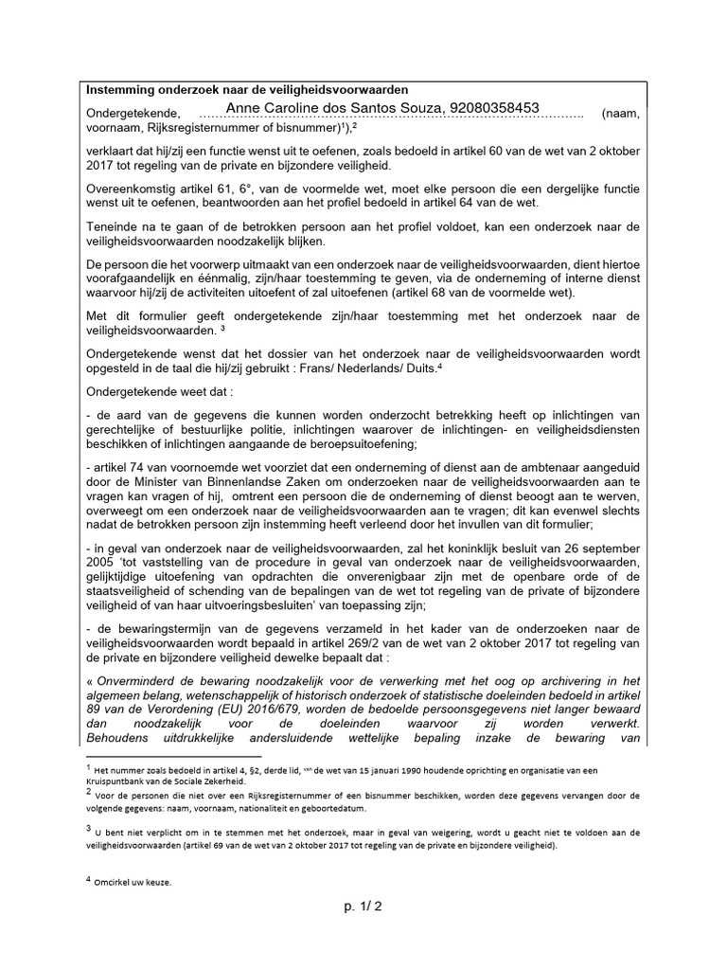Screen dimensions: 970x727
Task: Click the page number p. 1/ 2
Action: tap(363, 907)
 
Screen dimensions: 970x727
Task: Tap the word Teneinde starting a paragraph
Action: tap(116, 226)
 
